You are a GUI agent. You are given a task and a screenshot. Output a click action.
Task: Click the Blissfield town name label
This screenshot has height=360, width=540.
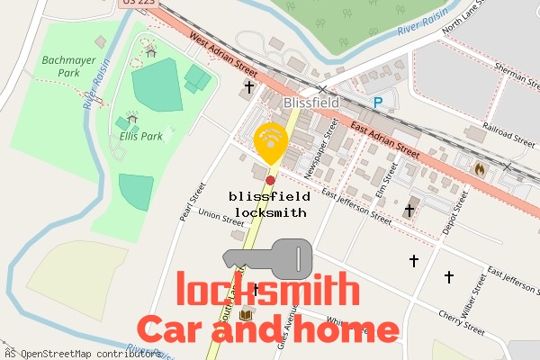click(x=311, y=103)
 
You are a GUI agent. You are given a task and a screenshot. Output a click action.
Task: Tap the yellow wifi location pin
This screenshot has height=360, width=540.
click(x=270, y=141)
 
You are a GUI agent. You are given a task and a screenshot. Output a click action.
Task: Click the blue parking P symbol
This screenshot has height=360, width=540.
click(x=378, y=103)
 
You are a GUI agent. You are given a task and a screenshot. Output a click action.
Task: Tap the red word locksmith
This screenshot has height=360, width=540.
click(x=267, y=291)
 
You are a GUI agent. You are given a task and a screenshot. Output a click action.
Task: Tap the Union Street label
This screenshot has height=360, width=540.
click(x=220, y=215)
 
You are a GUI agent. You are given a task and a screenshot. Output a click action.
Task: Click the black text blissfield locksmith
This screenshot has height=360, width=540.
click(x=270, y=204)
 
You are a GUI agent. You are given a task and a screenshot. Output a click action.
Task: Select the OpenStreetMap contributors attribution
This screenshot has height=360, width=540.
click(x=81, y=353)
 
